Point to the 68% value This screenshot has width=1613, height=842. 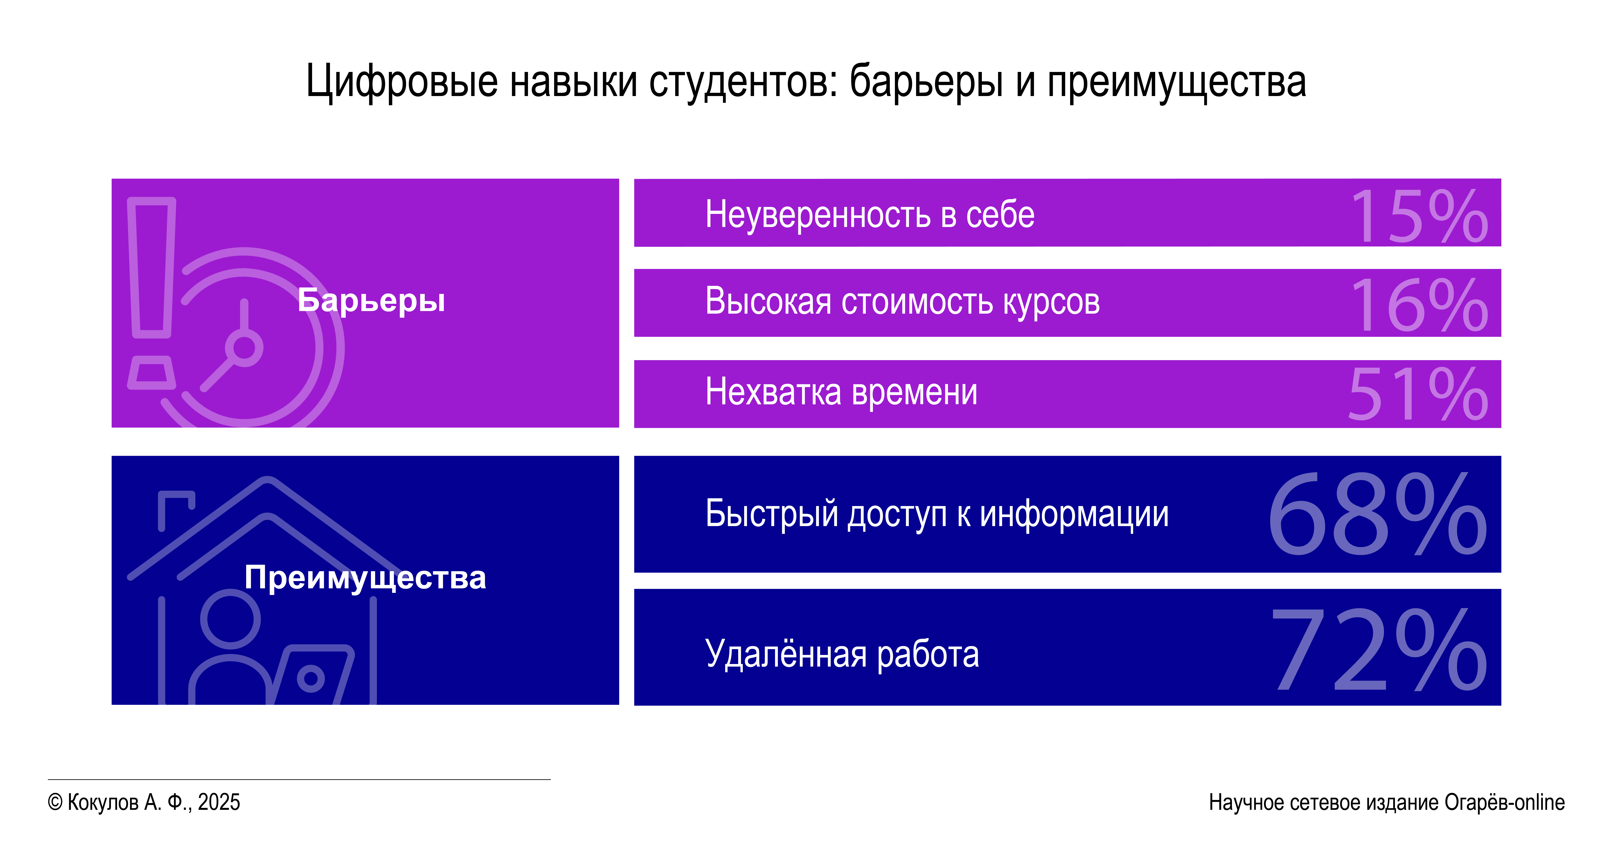pos(1378,514)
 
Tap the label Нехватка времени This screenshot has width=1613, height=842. pos(841,392)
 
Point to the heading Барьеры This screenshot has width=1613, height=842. pos(371,301)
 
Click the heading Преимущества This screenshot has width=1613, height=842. pos(365,578)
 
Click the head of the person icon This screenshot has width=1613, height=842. pos(230,619)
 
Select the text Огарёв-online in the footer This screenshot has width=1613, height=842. pos(1505,803)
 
